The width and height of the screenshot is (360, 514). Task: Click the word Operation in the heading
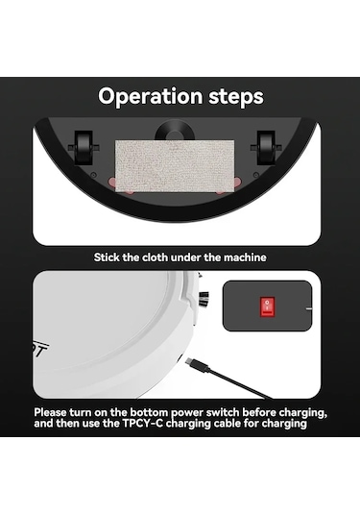click(151, 97)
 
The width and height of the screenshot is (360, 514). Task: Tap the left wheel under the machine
click(84, 148)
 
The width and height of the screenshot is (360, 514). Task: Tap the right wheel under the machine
click(266, 148)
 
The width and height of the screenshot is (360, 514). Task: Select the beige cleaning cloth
click(175, 166)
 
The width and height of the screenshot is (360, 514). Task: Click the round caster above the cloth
click(175, 131)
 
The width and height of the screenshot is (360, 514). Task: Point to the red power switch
click(267, 306)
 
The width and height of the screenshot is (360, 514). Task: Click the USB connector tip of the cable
click(192, 363)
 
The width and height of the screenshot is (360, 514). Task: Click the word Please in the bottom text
click(50, 412)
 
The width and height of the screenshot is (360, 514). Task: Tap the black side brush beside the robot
click(204, 299)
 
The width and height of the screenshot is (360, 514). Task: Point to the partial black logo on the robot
click(41, 350)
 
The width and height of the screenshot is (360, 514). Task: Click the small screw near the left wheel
click(94, 175)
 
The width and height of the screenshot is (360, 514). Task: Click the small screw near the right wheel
click(256, 175)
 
